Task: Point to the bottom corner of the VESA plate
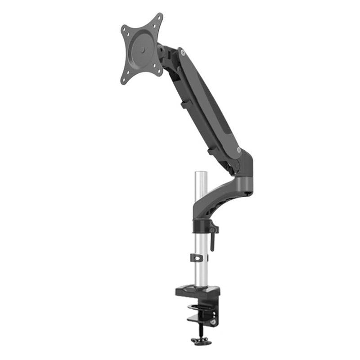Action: point(125,81)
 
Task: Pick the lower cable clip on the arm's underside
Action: point(211,151)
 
